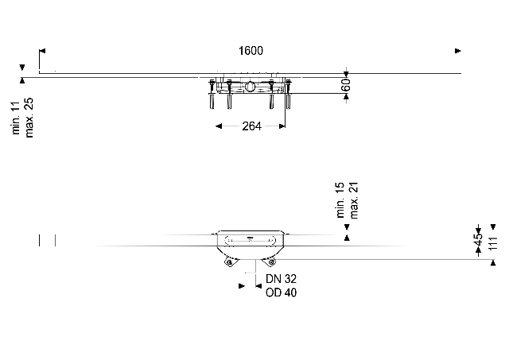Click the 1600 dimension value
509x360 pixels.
(x=251, y=51)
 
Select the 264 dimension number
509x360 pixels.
(x=251, y=126)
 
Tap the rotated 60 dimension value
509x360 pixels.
(x=346, y=85)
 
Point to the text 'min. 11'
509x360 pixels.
(x=16, y=118)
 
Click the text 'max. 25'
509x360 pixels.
(x=29, y=118)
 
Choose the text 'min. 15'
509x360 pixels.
(x=340, y=199)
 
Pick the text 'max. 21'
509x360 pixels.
(x=353, y=200)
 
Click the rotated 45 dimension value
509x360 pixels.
(x=478, y=240)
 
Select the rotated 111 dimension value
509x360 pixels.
(x=493, y=243)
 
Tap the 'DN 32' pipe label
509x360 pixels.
(x=281, y=279)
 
